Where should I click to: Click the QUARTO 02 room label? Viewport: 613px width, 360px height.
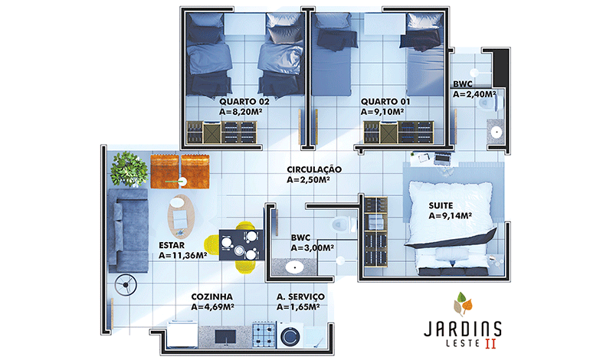[x=244, y=102]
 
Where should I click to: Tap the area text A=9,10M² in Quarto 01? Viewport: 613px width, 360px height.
[x=382, y=112]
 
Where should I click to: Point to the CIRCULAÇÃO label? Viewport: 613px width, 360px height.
[x=314, y=169]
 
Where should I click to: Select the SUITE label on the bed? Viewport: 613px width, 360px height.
[x=441, y=205]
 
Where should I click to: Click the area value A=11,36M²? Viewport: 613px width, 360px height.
[x=182, y=255]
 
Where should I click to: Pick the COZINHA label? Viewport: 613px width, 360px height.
[x=212, y=297]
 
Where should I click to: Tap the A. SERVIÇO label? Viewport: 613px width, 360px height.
[x=300, y=297]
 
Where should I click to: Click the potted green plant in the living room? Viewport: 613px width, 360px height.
[x=129, y=169]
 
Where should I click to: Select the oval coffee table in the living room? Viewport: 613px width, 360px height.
[x=181, y=216]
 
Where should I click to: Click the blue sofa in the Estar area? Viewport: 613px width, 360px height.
[x=128, y=231]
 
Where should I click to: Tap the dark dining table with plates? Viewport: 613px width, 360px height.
[x=241, y=244]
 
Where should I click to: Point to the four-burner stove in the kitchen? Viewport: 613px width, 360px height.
[x=264, y=335]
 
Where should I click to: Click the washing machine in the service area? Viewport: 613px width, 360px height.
[x=290, y=335]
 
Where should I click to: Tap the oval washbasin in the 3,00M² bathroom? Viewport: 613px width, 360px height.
[x=294, y=267]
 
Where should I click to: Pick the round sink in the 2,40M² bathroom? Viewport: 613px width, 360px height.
[x=496, y=132]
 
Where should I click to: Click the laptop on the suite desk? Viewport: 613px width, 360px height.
[x=442, y=159]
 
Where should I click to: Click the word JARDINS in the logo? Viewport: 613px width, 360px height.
[x=463, y=329]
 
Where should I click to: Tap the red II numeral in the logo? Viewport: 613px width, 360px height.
[x=490, y=344]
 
